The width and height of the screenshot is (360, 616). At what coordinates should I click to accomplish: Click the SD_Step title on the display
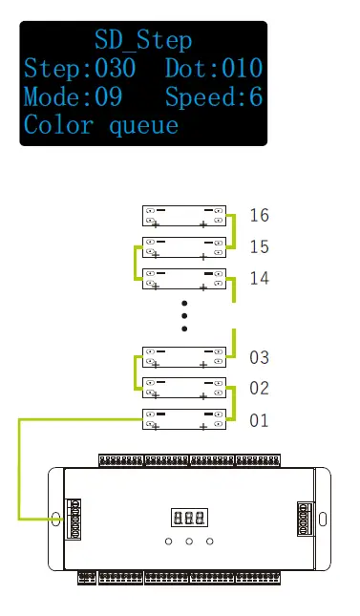pyautogui.click(x=143, y=40)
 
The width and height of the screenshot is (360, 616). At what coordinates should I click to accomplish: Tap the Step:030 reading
pyautogui.click(x=79, y=69)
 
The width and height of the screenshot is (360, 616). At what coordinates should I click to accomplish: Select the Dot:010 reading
pyautogui.click(x=214, y=69)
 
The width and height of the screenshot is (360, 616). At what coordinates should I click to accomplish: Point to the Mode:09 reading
pyautogui.click(x=72, y=97)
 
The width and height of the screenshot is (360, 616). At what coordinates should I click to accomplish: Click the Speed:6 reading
pyautogui.click(x=214, y=97)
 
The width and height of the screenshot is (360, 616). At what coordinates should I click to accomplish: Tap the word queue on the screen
pyautogui.click(x=143, y=125)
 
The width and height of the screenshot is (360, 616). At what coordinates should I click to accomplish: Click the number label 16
pyautogui.click(x=259, y=215)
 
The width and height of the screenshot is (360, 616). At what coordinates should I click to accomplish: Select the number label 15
pyautogui.click(x=259, y=247)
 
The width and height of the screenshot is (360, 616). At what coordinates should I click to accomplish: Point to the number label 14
pyautogui.click(x=259, y=279)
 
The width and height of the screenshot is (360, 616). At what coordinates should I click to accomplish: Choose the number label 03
pyautogui.click(x=259, y=358)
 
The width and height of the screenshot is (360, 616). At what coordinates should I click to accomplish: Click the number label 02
pyautogui.click(x=259, y=389)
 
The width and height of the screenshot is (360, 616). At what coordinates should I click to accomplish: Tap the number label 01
pyautogui.click(x=259, y=420)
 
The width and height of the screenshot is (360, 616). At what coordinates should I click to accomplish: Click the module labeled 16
pyautogui.click(x=183, y=216)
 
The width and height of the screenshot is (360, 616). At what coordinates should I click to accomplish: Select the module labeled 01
pyautogui.click(x=183, y=420)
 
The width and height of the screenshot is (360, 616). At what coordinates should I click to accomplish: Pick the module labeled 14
pyautogui.click(x=183, y=279)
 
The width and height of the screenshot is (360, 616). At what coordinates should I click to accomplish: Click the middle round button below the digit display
pyautogui.click(x=189, y=542)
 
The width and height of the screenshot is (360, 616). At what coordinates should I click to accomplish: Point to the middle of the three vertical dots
pyautogui.click(x=184, y=315)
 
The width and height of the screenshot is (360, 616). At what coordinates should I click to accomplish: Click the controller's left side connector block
pyautogui.click(x=73, y=517)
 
